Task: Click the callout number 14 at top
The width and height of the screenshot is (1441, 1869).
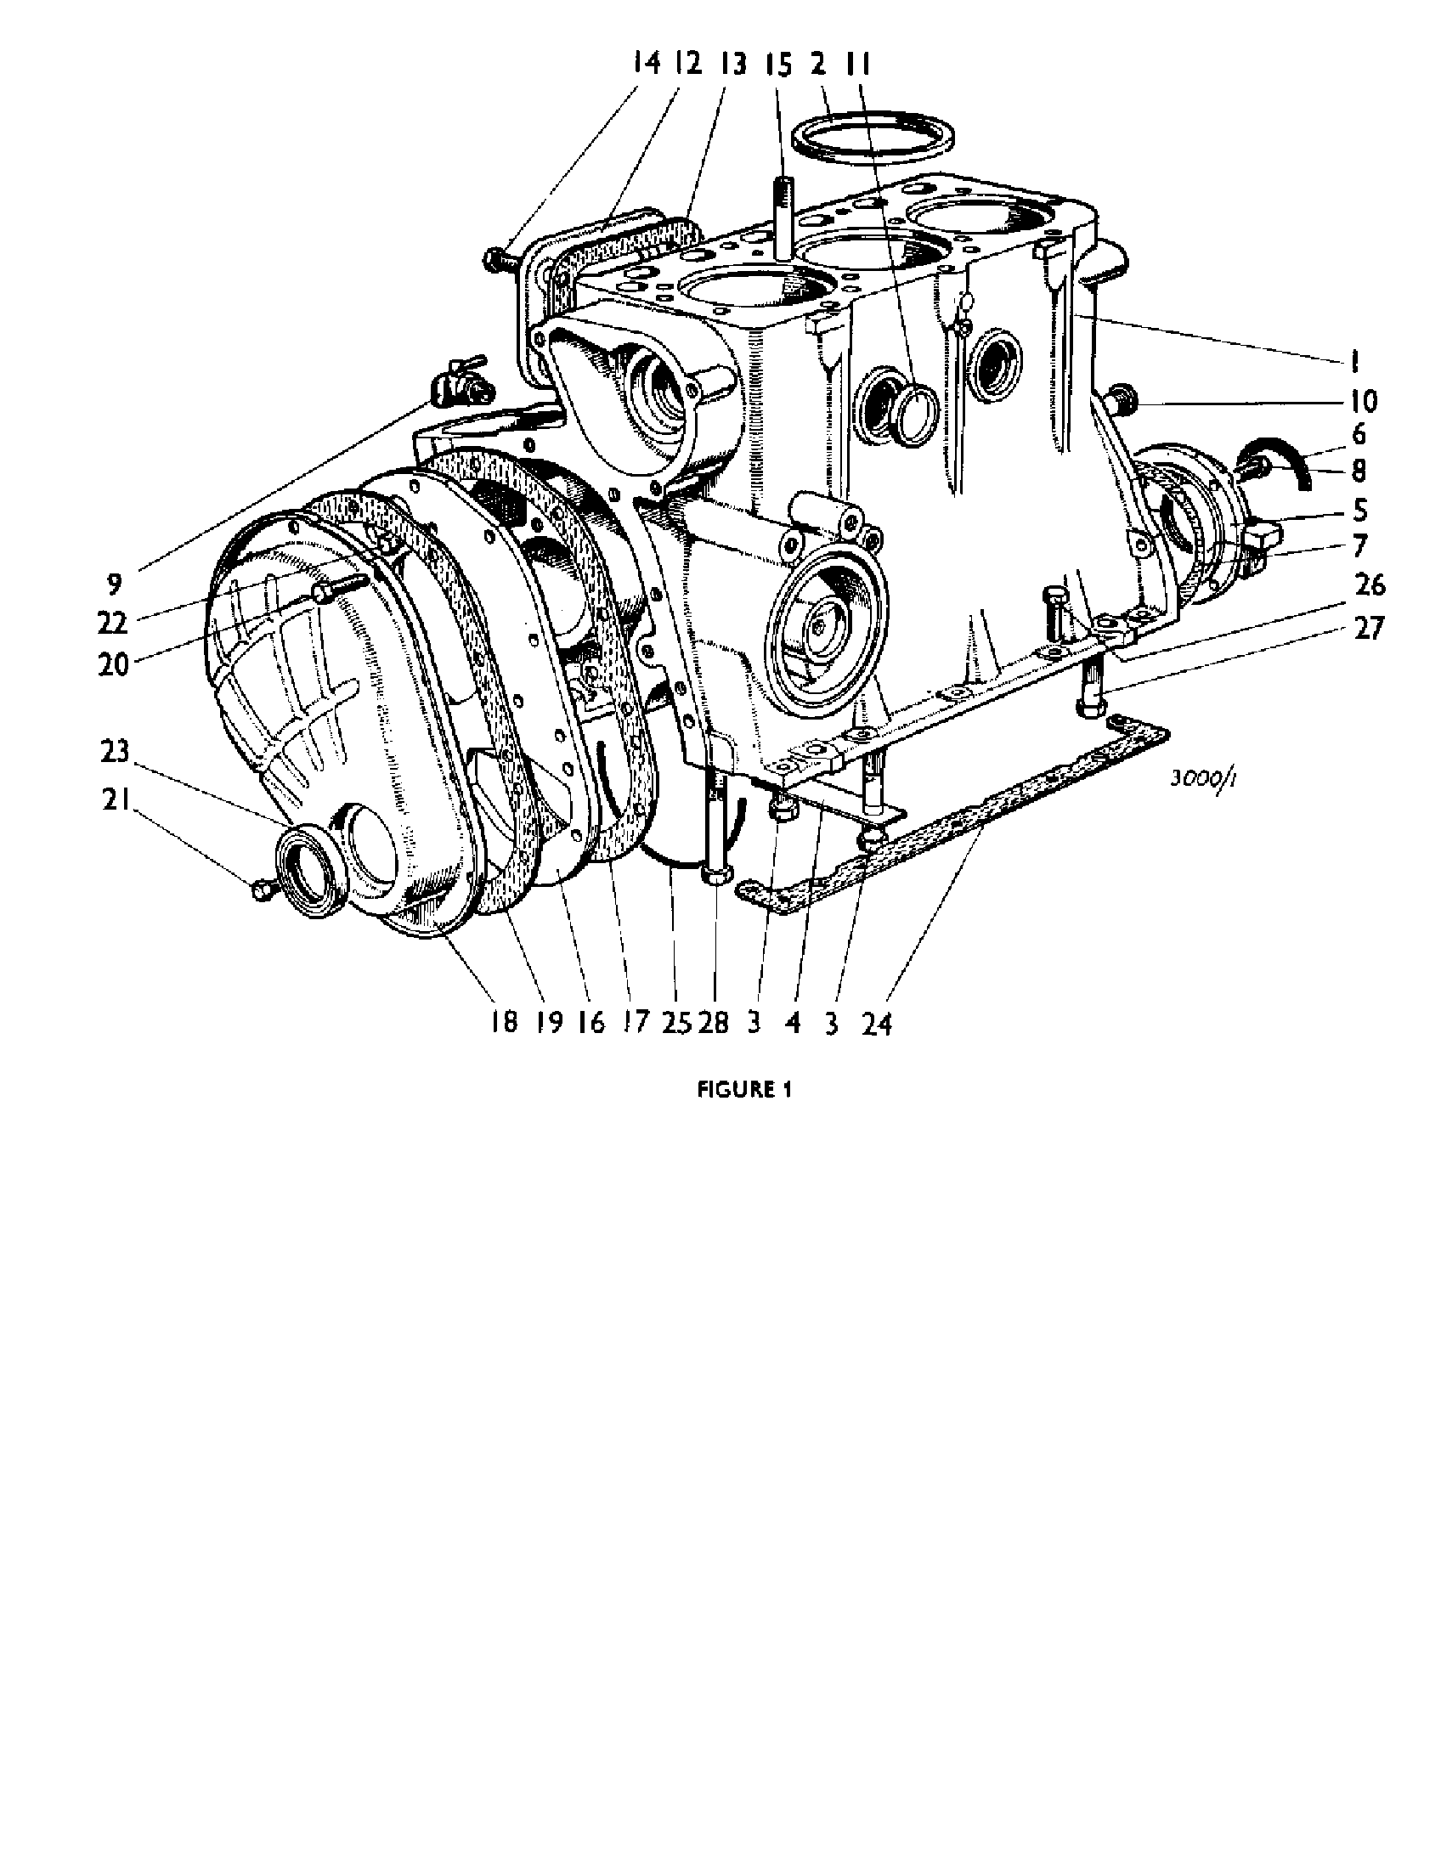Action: (647, 64)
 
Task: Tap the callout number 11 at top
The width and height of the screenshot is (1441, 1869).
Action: (859, 64)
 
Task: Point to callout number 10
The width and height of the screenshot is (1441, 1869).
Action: (1364, 400)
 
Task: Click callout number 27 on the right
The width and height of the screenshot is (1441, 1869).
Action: (1369, 629)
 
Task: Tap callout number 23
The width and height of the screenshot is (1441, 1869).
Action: (114, 751)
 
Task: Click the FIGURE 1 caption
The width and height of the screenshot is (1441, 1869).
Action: (743, 1089)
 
